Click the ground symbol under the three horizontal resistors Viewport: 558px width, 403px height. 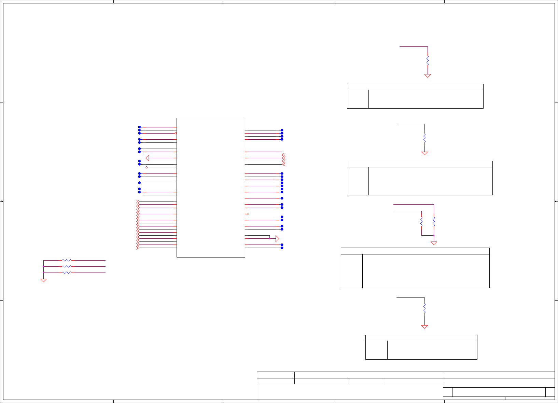coord(43,280)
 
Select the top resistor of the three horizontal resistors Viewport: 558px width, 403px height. coord(67,260)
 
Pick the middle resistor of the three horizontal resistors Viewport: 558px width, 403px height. coord(67,266)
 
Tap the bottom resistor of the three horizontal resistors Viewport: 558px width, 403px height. coord(67,273)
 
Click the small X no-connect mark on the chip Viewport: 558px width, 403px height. coord(248,214)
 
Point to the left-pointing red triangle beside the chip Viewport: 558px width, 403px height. coord(147,158)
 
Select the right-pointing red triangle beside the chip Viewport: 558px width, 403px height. coord(277,238)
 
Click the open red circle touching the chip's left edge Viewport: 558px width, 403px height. coord(176,133)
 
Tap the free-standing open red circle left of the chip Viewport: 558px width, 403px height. coord(147,167)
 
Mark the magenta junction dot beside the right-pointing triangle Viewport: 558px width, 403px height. coord(269,238)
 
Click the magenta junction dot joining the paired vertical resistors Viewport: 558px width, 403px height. coord(434,235)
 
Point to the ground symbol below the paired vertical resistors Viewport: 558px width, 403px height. coord(434,243)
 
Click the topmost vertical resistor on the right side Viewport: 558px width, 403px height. coord(428,61)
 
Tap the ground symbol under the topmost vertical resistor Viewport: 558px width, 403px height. coord(428,76)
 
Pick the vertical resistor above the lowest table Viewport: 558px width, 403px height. coord(424,308)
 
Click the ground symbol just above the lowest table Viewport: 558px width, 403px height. coord(424,327)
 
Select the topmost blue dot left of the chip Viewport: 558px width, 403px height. coord(139,127)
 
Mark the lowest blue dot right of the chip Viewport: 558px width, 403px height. coord(282,248)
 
